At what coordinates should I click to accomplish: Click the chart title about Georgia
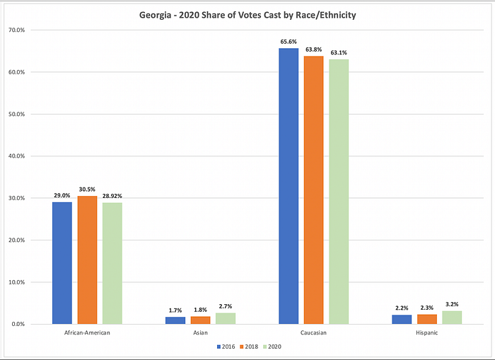247,13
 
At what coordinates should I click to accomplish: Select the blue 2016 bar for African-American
62,262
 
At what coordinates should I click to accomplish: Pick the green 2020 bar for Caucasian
339,191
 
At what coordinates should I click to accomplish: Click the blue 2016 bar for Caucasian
289,186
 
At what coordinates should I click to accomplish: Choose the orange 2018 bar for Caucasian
313,190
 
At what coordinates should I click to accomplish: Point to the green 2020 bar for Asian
226,318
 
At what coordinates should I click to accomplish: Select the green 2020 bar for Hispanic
452,317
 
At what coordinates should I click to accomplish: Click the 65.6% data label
289,42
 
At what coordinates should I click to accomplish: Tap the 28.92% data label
113,196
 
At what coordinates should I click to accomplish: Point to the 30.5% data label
87,190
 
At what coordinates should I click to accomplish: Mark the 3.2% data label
452,305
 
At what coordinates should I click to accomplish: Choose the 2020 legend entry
272,347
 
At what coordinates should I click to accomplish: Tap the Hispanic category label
426,332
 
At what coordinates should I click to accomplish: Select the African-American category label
87,332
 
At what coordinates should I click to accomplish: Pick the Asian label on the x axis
200,332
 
